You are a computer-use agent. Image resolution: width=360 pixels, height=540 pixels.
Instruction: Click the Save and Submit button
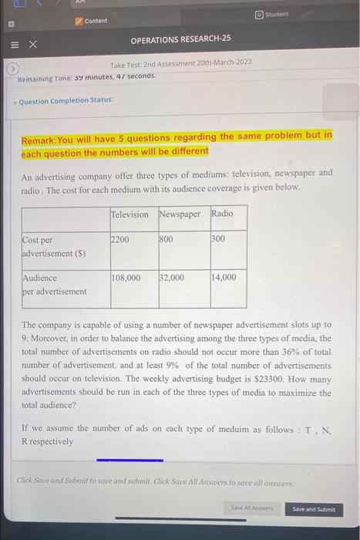pyautogui.click(x=315, y=509)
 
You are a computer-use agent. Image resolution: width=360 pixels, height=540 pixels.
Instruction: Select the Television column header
pyautogui.click(x=130, y=214)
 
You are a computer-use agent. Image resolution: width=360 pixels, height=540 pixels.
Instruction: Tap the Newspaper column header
pyautogui.click(x=180, y=214)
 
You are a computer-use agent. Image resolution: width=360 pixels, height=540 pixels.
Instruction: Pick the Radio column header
pyautogui.click(x=222, y=214)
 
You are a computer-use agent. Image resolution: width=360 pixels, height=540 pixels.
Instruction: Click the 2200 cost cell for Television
pyautogui.click(x=122, y=240)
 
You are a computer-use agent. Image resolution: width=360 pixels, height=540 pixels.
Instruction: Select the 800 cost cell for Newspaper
pyautogui.click(x=167, y=240)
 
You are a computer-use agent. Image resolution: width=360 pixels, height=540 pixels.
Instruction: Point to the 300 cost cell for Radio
pyautogui.click(x=218, y=240)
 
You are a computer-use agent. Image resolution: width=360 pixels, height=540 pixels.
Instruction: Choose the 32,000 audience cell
pyautogui.click(x=172, y=277)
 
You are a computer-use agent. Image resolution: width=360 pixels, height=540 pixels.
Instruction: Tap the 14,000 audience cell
pyautogui.click(x=224, y=277)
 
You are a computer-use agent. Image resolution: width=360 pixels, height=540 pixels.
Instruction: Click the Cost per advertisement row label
pyautogui.click(x=54, y=246)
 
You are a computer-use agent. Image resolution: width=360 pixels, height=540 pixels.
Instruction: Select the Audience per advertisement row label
pyautogui.click(x=54, y=283)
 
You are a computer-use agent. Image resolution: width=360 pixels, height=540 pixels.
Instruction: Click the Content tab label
pyautogui.click(x=96, y=21)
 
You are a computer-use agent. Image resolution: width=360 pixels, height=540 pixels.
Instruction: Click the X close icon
pyautogui.click(x=33, y=45)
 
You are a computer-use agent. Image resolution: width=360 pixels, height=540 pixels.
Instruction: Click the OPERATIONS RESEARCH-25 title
pyautogui.click(x=180, y=38)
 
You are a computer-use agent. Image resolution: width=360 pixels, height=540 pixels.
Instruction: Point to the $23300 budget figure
pyautogui.click(x=273, y=379)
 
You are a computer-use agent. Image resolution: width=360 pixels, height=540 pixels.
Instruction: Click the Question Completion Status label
pyautogui.click(x=66, y=100)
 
